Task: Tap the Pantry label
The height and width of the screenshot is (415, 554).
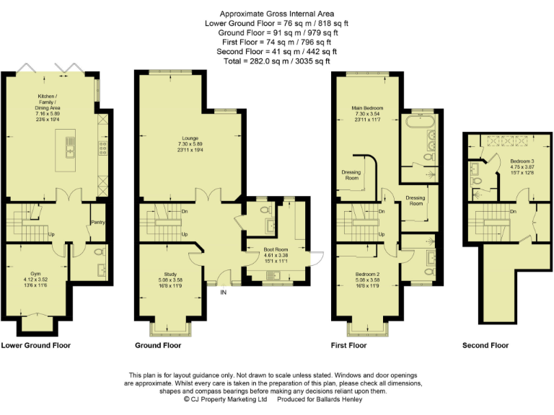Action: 98,223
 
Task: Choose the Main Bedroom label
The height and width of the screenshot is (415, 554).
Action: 367,108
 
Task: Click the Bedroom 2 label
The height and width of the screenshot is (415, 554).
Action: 368,275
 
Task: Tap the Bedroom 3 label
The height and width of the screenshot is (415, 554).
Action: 522,161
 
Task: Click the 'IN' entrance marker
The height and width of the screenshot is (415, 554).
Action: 223,292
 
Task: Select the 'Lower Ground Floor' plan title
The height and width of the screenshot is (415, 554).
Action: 36,346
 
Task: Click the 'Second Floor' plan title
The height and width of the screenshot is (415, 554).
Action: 485,346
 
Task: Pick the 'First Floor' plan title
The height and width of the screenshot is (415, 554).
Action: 348,346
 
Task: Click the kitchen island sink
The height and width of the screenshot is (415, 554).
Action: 70,150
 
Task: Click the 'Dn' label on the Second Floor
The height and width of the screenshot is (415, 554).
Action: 512,212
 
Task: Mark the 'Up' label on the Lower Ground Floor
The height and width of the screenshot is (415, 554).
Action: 51,235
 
